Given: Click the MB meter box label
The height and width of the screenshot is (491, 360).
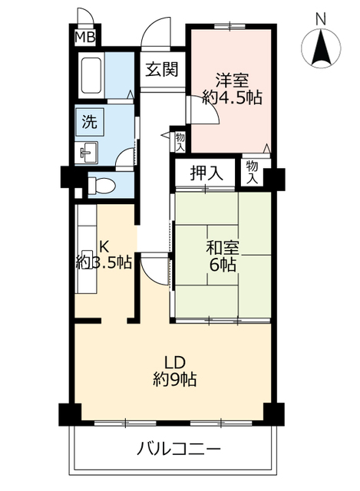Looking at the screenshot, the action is pos(85,38).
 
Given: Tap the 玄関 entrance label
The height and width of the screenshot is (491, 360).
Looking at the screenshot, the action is pos(162,69).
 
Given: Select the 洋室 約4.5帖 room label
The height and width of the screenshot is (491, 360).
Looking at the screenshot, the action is pos(232,89).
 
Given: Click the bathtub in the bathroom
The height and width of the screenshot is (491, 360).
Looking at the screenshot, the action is pos(91,75).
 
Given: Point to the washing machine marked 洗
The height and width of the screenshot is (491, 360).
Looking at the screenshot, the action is pos(90,122).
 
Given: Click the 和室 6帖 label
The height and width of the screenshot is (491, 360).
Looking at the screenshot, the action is pos(223,256).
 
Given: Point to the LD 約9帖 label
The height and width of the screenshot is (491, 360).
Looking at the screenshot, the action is pos(175,371).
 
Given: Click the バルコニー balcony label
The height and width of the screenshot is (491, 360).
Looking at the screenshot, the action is pos(179,450).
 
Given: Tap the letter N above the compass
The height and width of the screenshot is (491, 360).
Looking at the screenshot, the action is pos(321,19).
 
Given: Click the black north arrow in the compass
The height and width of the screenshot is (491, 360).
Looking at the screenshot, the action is pos(321,47).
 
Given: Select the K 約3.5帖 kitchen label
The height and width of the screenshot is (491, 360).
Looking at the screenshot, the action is pos(104,255).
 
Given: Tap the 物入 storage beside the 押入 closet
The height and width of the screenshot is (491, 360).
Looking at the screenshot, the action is pos(252,172).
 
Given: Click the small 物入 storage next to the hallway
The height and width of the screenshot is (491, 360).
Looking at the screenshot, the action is pos(180,142).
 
